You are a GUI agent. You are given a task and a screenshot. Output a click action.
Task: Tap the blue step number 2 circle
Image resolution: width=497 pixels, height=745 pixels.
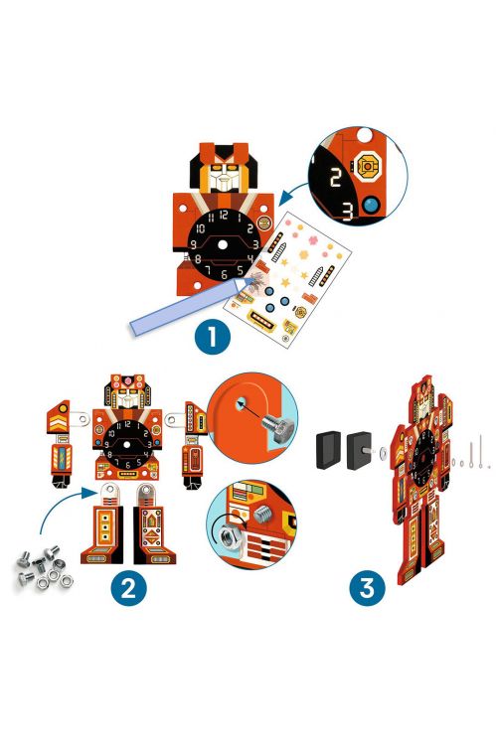tap(128, 588)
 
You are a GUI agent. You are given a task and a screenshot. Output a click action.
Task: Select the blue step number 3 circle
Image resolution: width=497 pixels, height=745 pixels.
tap(367, 588)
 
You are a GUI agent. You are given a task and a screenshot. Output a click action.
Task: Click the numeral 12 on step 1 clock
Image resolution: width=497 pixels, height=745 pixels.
tap(223, 216)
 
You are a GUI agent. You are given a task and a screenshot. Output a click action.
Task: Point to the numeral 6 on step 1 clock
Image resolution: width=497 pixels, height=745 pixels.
tap(224, 274)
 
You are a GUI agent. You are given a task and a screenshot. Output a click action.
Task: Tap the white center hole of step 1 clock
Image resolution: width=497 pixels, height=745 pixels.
tap(223, 244)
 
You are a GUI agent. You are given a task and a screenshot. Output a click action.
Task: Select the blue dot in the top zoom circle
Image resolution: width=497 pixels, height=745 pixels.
tap(372, 205)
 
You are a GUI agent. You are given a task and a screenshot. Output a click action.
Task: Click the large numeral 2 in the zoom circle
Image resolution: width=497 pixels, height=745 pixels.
tap(335, 177)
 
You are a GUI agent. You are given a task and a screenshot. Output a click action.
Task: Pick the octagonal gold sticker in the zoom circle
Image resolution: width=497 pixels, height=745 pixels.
tap(368, 167)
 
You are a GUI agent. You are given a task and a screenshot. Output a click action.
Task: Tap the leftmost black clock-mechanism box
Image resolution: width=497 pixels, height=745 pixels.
tap(329, 450)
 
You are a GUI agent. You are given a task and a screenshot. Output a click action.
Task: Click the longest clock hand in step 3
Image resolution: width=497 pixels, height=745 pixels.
tap(481, 450)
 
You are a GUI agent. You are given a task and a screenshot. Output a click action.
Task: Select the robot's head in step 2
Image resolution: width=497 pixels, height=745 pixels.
tap(127, 391)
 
